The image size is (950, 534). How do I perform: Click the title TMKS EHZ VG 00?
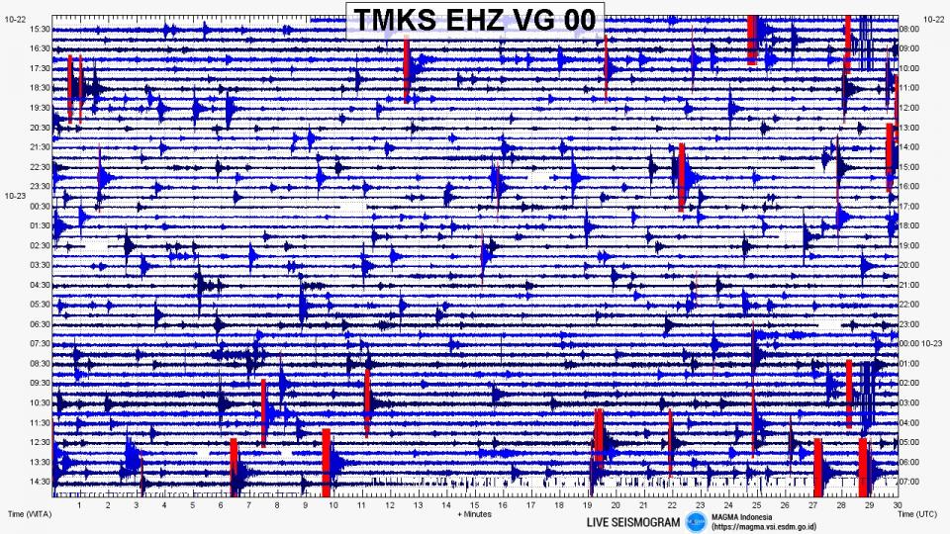pyautogui.click(x=474, y=19)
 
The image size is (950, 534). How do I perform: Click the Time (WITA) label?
pyautogui.click(x=30, y=514)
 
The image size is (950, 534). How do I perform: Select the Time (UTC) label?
pyautogui.click(x=919, y=514)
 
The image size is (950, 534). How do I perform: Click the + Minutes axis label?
pyautogui.click(x=474, y=514)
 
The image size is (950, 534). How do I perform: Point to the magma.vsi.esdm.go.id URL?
pyautogui.click(x=762, y=527)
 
